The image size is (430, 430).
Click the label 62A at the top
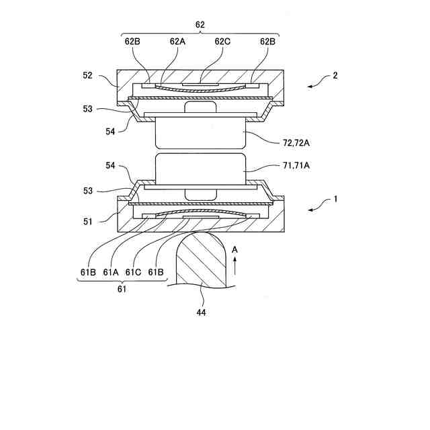[x=177, y=40]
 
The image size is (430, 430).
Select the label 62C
[x=223, y=40]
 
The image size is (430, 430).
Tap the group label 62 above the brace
[x=200, y=24]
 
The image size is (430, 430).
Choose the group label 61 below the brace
[x=122, y=289]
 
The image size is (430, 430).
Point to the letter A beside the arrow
[x=234, y=249]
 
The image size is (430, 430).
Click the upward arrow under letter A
[x=234, y=265]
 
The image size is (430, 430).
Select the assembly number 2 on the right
[x=335, y=76]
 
